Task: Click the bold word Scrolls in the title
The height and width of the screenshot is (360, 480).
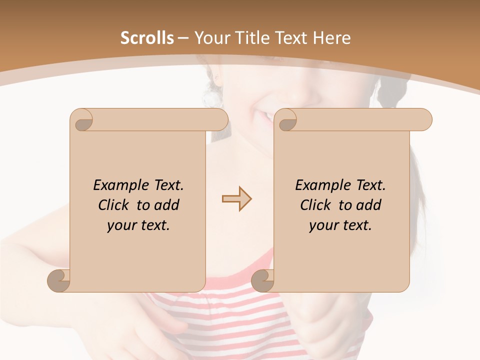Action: click(147, 38)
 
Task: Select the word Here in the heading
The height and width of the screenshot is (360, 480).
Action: click(332, 38)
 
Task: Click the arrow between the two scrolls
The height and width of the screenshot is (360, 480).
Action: click(236, 199)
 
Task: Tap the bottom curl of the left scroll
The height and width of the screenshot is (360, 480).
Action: click(58, 280)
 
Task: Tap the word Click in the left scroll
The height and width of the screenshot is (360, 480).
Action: click(114, 205)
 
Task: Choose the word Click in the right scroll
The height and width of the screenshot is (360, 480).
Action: click(316, 205)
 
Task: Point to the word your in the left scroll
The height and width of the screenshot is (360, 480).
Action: click(121, 225)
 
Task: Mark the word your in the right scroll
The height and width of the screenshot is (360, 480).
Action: click(323, 225)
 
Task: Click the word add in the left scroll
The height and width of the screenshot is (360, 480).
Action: click(167, 205)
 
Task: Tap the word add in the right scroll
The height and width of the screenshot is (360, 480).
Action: click(369, 205)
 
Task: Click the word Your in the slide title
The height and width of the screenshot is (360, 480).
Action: click(211, 38)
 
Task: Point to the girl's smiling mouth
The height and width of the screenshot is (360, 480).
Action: click(265, 116)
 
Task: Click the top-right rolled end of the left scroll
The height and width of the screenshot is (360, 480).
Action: click(220, 120)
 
